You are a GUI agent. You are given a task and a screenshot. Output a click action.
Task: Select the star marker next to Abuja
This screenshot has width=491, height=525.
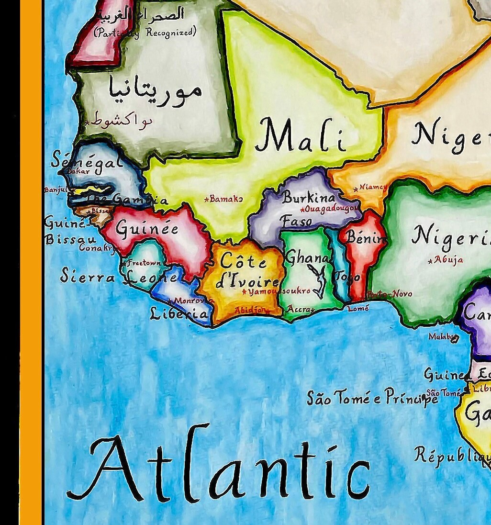(x=430, y=261)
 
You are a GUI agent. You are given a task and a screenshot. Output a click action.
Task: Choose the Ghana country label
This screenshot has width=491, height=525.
(x=307, y=258)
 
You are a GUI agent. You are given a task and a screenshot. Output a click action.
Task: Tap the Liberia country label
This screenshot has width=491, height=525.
(x=179, y=314)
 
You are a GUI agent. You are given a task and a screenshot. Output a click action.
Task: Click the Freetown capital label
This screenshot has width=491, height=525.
(x=144, y=263)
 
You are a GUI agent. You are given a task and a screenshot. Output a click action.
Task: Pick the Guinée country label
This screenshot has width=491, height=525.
(x=147, y=229)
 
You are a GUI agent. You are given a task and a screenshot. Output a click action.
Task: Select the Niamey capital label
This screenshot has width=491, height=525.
(x=373, y=187)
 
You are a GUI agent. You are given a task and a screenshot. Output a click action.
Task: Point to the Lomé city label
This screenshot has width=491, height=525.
(x=358, y=309)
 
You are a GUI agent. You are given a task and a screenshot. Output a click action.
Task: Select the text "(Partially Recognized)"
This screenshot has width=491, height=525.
(x=145, y=33)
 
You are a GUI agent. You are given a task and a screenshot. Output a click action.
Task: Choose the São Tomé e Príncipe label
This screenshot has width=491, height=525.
(x=372, y=397)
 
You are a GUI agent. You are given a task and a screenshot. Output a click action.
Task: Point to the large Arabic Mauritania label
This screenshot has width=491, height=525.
(x=155, y=89)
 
